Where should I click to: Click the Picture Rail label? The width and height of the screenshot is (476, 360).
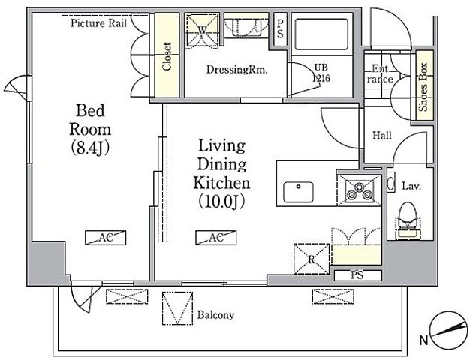point(98,23)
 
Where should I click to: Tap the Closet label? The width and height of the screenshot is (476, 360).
point(167,56)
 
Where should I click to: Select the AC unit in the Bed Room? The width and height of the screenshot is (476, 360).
point(105,238)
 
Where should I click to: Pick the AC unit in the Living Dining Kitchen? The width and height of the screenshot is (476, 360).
point(215,238)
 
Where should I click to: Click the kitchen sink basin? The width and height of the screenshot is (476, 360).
point(298,192)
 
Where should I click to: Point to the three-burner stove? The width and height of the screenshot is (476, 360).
point(360,190)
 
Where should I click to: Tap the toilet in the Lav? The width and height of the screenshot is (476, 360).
point(408,220)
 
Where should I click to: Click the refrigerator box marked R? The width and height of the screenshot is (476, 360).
point(312,259)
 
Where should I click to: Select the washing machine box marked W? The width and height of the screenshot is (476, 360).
point(202,30)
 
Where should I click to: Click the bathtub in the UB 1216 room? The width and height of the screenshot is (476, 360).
point(321,34)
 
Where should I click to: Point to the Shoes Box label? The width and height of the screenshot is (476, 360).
point(423,87)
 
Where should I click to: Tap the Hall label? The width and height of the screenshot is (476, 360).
point(382,135)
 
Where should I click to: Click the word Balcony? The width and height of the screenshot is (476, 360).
point(215,315)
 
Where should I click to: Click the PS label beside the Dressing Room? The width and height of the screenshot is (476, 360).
point(280,29)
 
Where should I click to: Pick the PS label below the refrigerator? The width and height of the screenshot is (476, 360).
point(357,275)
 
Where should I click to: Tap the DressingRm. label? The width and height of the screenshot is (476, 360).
point(236,70)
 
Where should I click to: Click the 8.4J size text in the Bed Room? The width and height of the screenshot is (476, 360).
point(90,148)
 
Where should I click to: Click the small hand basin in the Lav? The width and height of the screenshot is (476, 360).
point(391,182)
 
